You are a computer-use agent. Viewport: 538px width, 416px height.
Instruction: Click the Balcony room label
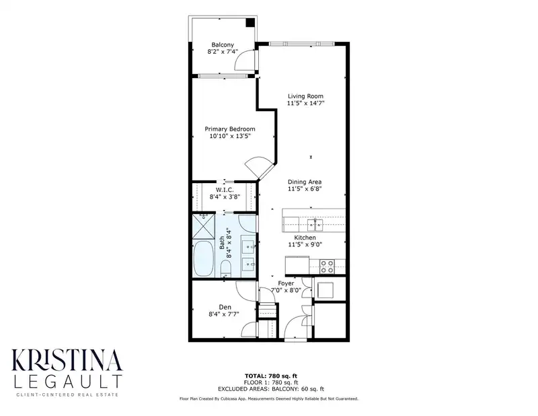click(x=223, y=44)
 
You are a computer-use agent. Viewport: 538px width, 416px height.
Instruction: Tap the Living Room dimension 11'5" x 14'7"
click(x=305, y=103)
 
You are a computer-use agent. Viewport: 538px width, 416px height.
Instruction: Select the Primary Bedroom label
click(x=230, y=129)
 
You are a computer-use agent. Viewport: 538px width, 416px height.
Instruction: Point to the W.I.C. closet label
click(x=225, y=190)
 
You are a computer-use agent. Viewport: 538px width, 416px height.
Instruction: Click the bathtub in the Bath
click(x=203, y=258)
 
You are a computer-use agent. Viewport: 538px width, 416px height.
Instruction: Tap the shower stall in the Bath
click(x=203, y=226)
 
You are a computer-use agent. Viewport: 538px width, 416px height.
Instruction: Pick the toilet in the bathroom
click(x=225, y=269)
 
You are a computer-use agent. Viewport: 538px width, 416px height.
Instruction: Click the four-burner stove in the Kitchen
click(x=327, y=267)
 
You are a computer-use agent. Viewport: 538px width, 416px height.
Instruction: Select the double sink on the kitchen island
click(x=315, y=225)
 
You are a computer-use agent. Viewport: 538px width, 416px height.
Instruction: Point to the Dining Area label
click(x=305, y=182)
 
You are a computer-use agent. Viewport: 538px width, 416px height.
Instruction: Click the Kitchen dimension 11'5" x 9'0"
click(x=305, y=244)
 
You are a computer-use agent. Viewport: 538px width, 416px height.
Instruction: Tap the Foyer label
click(x=286, y=283)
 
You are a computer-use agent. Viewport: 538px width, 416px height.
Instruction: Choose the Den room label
click(x=225, y=307)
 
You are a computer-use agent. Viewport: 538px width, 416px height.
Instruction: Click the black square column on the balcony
click(x=250, y=22)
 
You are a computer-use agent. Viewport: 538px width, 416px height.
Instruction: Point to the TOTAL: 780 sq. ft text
click(x=271, y=376)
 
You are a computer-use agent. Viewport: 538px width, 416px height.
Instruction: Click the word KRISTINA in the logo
click(x=67, y=360)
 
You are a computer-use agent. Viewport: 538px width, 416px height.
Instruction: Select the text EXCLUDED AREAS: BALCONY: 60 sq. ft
click(x=271, y=389)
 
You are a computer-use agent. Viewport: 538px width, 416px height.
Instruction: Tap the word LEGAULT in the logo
click(x=67, y=382)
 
